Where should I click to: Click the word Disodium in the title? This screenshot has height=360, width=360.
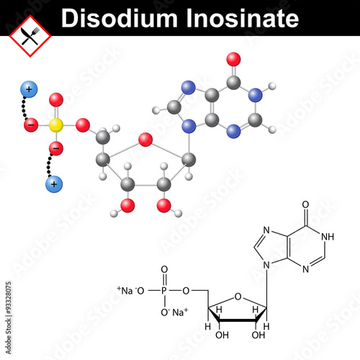tap(120, 18)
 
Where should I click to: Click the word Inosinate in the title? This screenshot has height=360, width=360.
tap(243, 18)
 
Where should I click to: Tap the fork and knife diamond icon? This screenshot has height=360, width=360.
tap(30, 36)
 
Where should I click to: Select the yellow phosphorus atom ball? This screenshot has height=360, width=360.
tap(56, 125)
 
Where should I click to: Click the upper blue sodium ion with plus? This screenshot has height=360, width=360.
tap(29, 89)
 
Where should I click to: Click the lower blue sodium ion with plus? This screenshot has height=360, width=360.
tap(54, 184)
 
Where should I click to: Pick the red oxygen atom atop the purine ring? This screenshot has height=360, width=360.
tap(233, 59)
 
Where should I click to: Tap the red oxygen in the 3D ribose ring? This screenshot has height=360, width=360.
tap(145, 140)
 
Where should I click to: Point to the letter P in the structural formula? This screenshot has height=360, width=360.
tap(164, 291)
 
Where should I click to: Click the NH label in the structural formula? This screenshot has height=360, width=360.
tap(328, 237)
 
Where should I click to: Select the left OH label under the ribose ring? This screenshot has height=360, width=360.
tap(222, 335)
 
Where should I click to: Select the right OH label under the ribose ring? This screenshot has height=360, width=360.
tap(258, 335)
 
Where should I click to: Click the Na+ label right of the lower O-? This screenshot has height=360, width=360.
tap(180, 312)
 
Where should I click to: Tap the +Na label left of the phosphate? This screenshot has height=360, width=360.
tap(125, 290)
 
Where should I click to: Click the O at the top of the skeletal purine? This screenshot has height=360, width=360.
tap(305, 204)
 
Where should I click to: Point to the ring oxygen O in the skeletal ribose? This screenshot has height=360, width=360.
tap(238, 297)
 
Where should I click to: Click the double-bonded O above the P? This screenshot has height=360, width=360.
tap(164, 269)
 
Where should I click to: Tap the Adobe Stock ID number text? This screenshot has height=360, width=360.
tap(9, 298)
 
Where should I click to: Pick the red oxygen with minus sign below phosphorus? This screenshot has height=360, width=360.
tap(56, 148)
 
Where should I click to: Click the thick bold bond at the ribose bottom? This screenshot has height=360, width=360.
tap(238, 320)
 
